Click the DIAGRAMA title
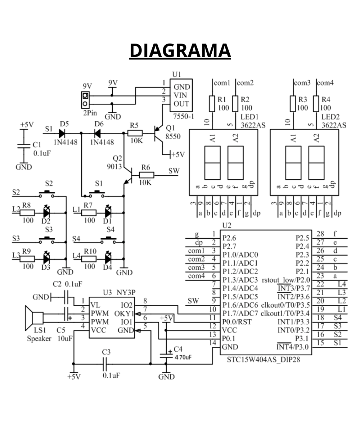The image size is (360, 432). [180, 50]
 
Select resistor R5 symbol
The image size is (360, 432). [135, 133]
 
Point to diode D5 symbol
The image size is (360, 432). [62, 133]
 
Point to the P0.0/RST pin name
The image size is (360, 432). [236, 321]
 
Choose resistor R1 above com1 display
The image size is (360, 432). [212, 103]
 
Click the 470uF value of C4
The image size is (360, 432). [183, 358]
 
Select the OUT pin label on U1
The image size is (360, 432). [181, 104]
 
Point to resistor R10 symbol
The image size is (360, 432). [89, 258]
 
